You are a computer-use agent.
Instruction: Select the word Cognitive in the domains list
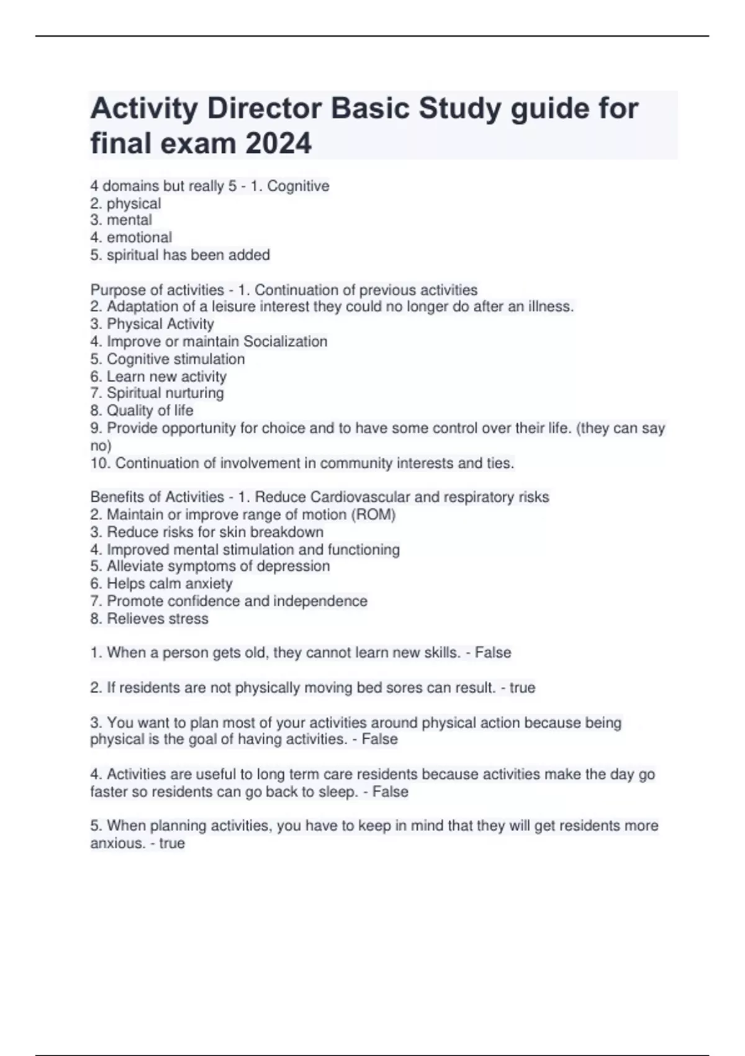(x=298, y=186)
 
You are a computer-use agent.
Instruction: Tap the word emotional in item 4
(x=139, y=237)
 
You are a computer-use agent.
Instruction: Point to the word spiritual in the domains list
(x=132, y=255)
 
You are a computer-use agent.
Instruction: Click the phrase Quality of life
(x=150, y=411)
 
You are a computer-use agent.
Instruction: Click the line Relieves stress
(x=157, y=619)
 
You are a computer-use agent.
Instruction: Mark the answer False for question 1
(x=493, y=653)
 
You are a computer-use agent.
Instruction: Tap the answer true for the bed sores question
(x=522, y=688)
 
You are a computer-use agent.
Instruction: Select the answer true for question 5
(x=172, y=843)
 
